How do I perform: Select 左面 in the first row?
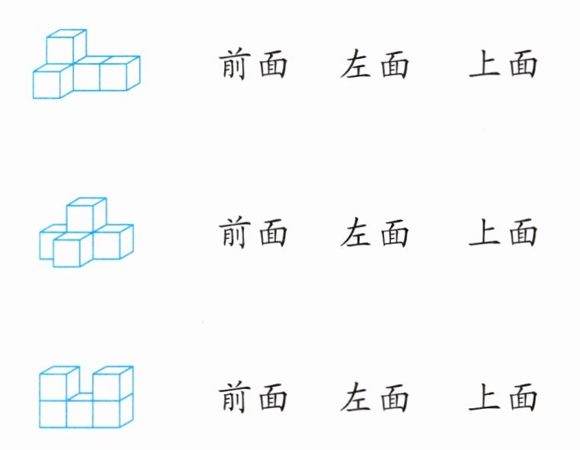[x=374, y=65]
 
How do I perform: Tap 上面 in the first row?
[x=503, y=65]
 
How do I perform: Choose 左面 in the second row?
[x=374, y=232]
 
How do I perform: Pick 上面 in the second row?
[x=503, y=232]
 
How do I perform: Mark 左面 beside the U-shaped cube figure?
[x=374, y=398]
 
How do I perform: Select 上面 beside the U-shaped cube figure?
[x=503, y=398]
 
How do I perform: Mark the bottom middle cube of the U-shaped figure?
[x=80, y=413]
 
